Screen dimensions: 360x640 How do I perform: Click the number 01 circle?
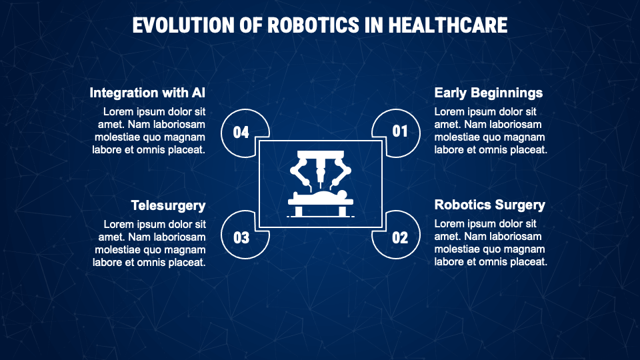click(x=399, y=131)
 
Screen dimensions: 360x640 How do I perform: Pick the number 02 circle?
click(x=399, y=237)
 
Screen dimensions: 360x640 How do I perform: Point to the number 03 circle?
click(x=241, y=237)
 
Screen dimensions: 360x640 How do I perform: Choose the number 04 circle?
click(x=241, y=132)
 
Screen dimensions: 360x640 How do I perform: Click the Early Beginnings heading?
click(x=488, y=93)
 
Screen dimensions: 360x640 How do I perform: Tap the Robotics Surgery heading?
click(x=489, y=205)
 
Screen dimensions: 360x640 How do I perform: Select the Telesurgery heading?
click(x=168, y=205)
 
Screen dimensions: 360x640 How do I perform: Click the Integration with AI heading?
click(x=147, y=93)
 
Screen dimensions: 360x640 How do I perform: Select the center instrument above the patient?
click(x=320, y=172)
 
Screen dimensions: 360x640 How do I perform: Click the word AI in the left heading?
click(x=199, y=93)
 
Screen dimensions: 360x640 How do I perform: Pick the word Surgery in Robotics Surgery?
click(x=520, y=205)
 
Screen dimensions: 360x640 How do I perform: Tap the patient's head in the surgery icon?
click(x=342, y=193)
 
